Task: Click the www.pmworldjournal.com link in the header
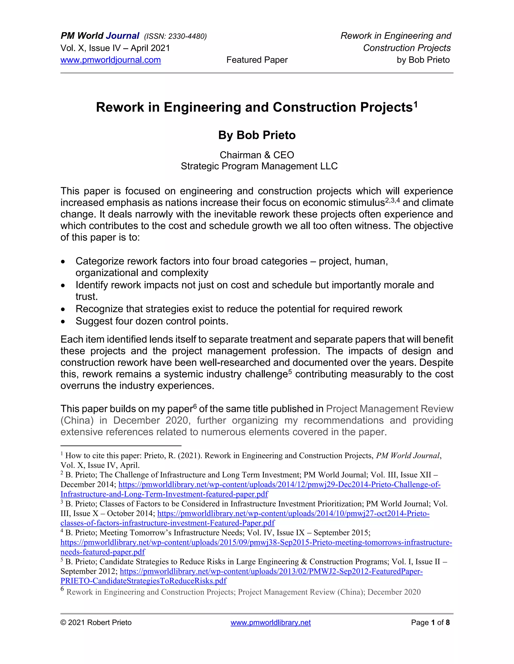pos(110,60)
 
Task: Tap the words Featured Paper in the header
pos(257,60)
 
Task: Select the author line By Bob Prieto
pos(257,135)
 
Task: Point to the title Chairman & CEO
pos(257,155)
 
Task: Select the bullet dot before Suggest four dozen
pos(63,322)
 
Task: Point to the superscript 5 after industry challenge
pos(290,371)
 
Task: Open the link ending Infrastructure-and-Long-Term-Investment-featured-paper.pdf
pos(164,494)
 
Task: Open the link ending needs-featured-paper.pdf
pos(103,552)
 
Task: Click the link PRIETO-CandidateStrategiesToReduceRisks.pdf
pos(143,581)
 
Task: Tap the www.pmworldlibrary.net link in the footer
pos(270,623)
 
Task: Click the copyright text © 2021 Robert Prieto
pos(96,623)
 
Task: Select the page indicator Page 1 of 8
pos(430,623)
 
